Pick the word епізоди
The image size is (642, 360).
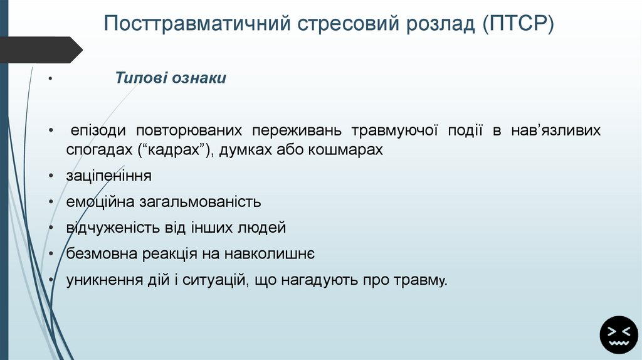coord(98,131)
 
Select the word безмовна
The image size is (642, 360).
coord(99,254)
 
